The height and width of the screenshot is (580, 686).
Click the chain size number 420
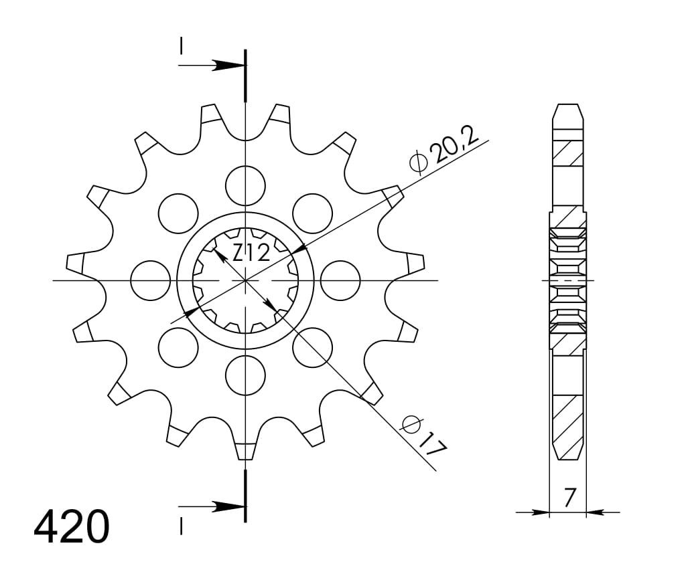click(x=71, y=526)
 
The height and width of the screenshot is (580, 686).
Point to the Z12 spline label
click(x=251, y=252)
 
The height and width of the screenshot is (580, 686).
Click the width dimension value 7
click(x=569, y=497)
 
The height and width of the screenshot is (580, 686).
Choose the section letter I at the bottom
click(x=181, y=526)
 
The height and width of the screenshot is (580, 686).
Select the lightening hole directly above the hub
click(x=246, y=185)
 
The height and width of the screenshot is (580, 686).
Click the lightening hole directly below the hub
click(x=246, y=375)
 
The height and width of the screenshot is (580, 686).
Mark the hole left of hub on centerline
click(x=151, y=280)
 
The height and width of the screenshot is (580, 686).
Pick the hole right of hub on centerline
click(x=340, y=280)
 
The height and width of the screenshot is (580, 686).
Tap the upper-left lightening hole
click(x=179, y=213)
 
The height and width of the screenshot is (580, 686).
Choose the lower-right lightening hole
click(x=313, y=347)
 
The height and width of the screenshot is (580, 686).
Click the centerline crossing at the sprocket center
click(x=246, y=280)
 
